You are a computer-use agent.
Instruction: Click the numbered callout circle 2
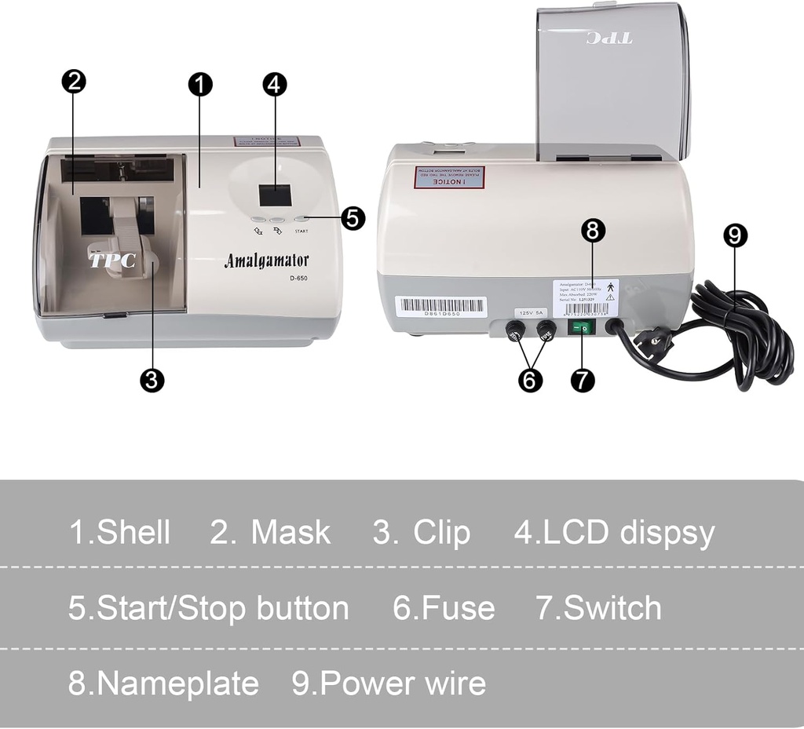tap(73, 82)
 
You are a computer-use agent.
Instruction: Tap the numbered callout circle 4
tap(274, 84)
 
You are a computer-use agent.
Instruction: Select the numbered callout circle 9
tap(735, 235)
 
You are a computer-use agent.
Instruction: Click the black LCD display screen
tap(275, 195)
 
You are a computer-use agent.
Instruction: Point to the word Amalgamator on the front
tap(266, 261)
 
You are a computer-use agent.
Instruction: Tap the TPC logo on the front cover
tap(112, 261)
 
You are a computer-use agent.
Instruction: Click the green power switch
tap(582, 328)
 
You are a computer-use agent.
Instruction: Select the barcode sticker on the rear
tap(440, 306)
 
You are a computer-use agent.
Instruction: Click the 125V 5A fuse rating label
tap(531, 312)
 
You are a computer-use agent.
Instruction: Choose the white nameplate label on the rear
tap(585, 297)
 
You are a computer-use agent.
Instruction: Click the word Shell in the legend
tap(133, 532)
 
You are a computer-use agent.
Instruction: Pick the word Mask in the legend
tap(291, 532)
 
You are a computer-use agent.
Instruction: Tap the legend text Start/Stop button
tap(222, 608)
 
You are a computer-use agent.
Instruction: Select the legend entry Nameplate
tap(177, 683)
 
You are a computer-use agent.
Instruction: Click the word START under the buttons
tap(301, 231)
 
